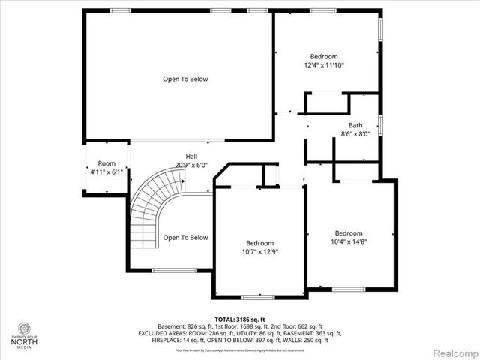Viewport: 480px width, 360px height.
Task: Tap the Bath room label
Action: click(x=355, y=125)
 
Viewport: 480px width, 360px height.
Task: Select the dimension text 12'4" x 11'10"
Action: click(x=324, y=65)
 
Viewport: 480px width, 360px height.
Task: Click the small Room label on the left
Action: click(x=106, y=163)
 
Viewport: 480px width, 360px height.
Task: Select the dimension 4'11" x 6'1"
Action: click(x=106, y=172)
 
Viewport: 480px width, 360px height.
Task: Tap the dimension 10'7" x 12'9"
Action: click(x=260, y=252)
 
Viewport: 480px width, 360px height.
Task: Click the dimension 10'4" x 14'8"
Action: click(x=349, y=241)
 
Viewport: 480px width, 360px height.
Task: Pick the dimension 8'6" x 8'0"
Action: click(x=355, y=134)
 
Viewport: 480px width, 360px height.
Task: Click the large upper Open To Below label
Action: click(x=185, y=79)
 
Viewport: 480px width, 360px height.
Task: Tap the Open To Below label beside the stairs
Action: click(x=185, y=238)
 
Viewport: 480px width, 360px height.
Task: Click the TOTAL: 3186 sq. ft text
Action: click(x=239, y=319)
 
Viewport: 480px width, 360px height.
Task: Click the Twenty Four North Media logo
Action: click(x=26, y=335)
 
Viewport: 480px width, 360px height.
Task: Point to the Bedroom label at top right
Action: click(x=324, y=56)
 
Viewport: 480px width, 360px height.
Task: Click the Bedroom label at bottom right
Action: click(x=349, y=232)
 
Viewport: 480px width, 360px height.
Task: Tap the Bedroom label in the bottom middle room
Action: click(x=260, y=243)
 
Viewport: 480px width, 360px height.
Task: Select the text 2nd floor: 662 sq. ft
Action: click(x=294, y=326)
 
